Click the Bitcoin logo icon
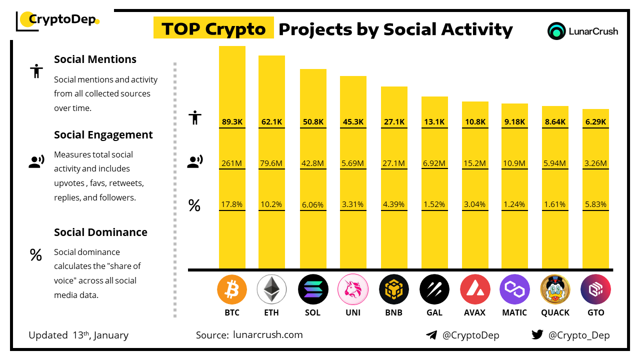tap(232, 289)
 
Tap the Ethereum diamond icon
tap(271, 289)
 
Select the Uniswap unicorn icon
tap(353, 289)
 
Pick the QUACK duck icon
tap(555, 289)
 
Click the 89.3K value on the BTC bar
tap(232, 121)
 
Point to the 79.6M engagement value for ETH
tap(271, 163)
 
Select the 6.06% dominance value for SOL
tap(313, 204)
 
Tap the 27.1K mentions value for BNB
tap(394, 121)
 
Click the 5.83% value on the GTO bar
tap(595, 204)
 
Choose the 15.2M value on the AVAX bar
tap(474, 163)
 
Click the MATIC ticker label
tap(514, 312)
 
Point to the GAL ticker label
tap(434, 312)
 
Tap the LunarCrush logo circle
tap(556, 31)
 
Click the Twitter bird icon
tap(537, 335)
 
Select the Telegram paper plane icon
tap(431, 335)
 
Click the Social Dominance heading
tap(100, 232)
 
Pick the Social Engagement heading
tap(103, 134)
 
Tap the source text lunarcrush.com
tap(267, 335)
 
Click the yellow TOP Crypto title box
tap(213, 29)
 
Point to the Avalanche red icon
tap(474, 289)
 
